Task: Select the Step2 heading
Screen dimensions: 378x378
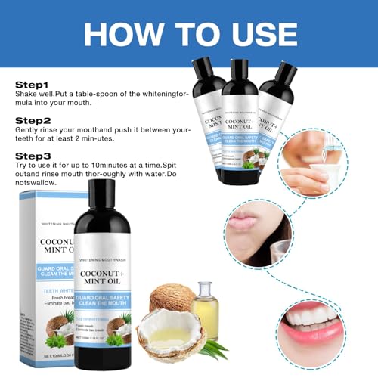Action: (x=31, y=119)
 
